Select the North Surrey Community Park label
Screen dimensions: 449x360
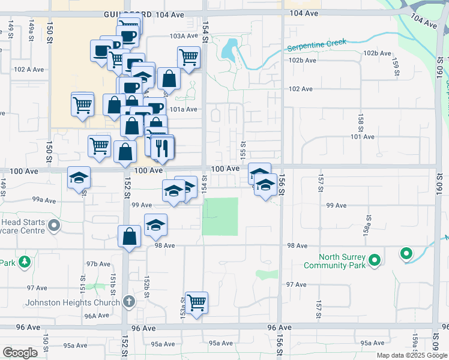335,261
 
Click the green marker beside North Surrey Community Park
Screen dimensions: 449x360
375,260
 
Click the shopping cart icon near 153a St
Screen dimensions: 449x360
196,302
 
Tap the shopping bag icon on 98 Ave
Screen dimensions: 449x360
129,236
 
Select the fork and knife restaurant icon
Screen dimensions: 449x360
161,148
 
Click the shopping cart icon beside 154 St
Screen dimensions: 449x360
188,58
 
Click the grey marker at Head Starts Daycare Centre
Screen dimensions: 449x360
55,226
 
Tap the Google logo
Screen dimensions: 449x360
20,353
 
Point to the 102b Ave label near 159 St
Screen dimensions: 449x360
376,53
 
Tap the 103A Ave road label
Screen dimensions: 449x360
183,36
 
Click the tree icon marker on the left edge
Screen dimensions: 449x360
24,262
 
